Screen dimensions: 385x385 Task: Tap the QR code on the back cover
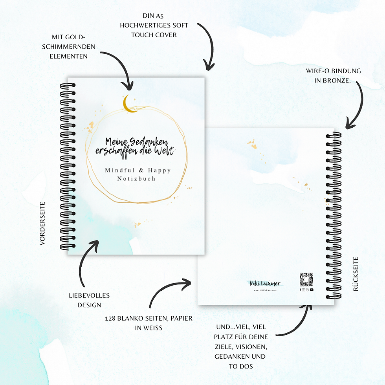[x=306, y=280]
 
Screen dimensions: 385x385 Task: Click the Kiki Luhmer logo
[x=266, y=284]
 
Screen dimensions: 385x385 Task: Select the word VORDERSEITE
[x=43, y=224]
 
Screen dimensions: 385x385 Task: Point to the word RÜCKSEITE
[x=356, y=273]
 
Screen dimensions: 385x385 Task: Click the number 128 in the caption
[x=112, y=318]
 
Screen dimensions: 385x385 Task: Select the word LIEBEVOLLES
[x=89, y=295]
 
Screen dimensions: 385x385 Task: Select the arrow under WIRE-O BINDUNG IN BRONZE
[x=356, y=106]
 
